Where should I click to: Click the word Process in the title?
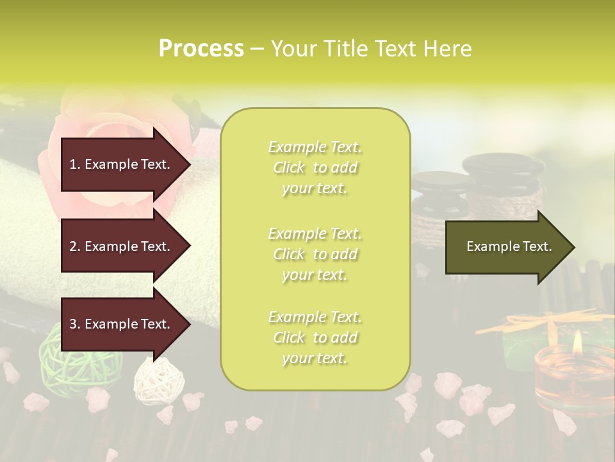pyautogui.click(x=201, y=49)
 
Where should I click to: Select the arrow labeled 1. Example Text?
pyautogui.click(x=122, y=164)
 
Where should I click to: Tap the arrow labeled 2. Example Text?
pyautogui.click(x=122, y=246)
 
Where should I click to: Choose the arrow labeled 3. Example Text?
pyautogui.click(x=122, y=324)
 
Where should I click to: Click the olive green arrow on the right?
pyautogui.click(x=506, y=247)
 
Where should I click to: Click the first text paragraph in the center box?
pyautogui.click(x=315, y=167)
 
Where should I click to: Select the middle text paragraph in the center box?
pyautogui.click(x=315, y=254)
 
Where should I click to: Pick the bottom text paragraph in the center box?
pyautogui.click(x=315, y=338)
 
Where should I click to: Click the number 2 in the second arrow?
pyautogui.click(x=73, y=246)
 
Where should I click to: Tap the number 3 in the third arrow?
pyautogui.click(x=73, y=324)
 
